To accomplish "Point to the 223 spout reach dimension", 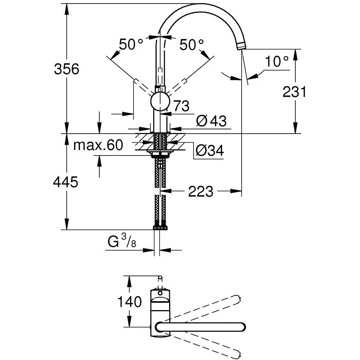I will click(x=201, y=191).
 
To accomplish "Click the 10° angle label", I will click(x=277, y=62).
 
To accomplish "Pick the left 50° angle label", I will click(x=131, y=44).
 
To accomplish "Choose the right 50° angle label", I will click(x=192, y=44).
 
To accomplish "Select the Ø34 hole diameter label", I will click(x=209, y=150).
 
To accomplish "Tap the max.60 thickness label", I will click(x=98, y=145).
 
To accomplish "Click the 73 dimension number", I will click(x=180, y=106).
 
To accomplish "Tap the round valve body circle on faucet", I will click(x=160, y=102).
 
